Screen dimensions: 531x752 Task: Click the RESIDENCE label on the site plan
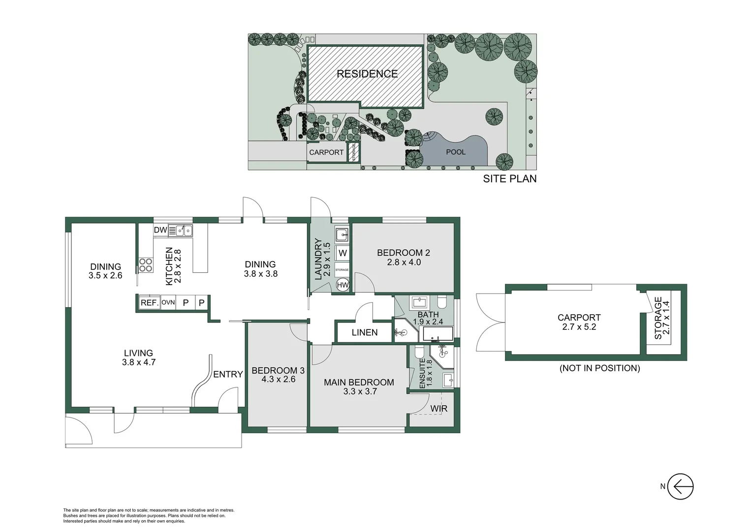click(x=367, y=74)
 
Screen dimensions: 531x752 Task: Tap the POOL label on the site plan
click(x=455, y=152)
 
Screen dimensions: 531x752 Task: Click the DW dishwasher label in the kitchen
click(x=160, y=230)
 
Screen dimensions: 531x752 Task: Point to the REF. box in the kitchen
click(x=149, y=303)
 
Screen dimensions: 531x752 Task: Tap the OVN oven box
click(x=168, y=303)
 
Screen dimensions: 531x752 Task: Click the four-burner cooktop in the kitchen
click(x=146, y=265)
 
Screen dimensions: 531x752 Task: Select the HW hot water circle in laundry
click(x=343, y=285)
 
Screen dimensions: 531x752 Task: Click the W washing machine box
click(x=343, y=253)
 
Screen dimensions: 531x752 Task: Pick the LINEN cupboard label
click(x=365, y=332)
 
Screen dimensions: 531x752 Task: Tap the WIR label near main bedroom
click(x=439, y=409)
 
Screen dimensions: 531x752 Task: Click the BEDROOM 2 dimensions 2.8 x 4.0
click(x=404, y=263)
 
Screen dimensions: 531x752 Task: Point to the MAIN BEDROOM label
click(x=359, y=382)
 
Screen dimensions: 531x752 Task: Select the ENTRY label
click(x=228, y=374)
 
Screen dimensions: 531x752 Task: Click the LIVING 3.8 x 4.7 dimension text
click(x=139, y=362)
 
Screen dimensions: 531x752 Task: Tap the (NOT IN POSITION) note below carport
click(x=599, y=368)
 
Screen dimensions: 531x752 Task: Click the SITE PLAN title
click(x=509, y=179)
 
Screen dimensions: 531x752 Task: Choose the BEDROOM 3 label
click(x=278, y=370)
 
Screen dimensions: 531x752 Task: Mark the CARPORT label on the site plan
click(x=326, y=152)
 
